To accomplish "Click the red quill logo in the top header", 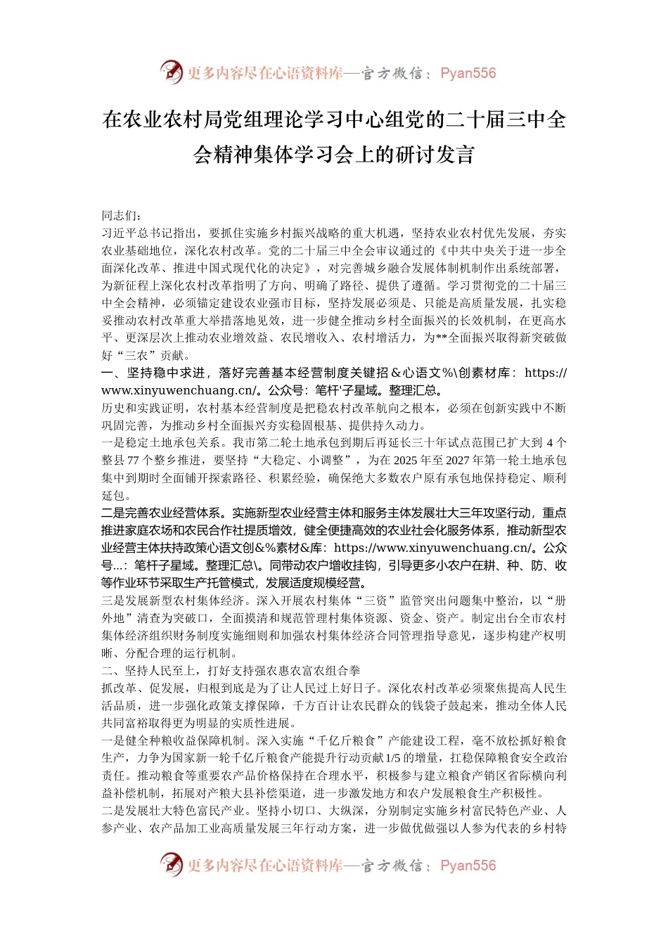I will click(x=171, y=72).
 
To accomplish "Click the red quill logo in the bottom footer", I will click(x=171, y=864).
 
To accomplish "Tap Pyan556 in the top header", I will click(x=468, y=73).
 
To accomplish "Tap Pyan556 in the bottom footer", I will click(x=468, y=866).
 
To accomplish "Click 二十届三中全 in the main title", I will click(x=506, y=120).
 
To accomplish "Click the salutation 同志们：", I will click(x=122, y=216).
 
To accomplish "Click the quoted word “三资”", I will click(x=375, y=600).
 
